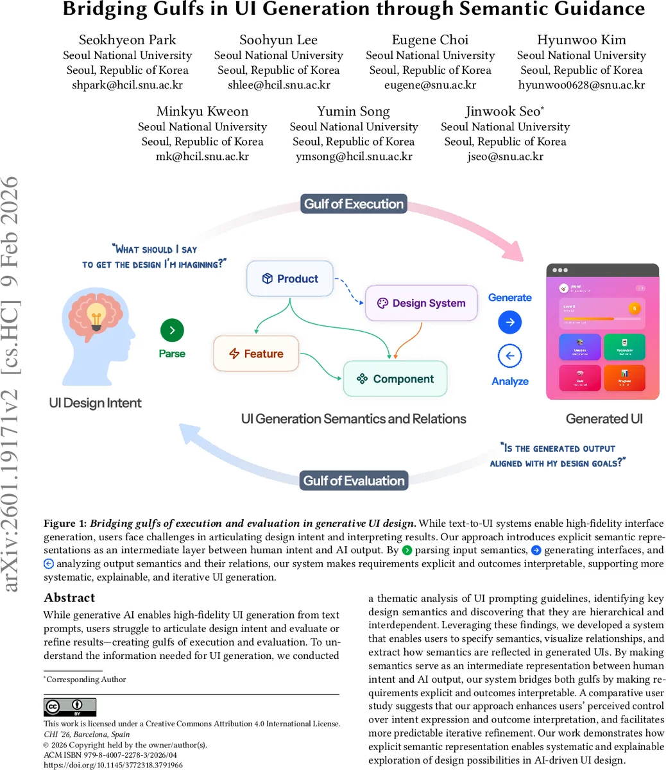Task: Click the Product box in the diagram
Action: coord(290,278)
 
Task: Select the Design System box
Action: coord(422,304)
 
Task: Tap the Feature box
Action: coord(256,354)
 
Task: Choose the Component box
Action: coord(395,379)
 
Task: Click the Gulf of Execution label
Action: coord(354,204)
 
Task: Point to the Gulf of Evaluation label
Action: coord(354,481)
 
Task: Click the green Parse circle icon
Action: coord(172,330)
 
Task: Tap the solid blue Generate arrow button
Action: coord(510,322)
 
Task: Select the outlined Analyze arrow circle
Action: coord(510,355)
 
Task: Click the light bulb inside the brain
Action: coord(96,315)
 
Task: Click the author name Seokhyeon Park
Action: coord(127,40)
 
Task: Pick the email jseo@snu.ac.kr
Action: coord(505,156)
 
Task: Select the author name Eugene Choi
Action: coord(430,40)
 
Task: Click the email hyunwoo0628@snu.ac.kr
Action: coord(581,85)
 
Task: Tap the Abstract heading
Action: coord(69,597)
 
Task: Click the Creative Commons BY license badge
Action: coord(70,707)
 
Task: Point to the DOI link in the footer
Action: coord(113,765)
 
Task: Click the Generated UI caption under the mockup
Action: coord(604,419)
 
